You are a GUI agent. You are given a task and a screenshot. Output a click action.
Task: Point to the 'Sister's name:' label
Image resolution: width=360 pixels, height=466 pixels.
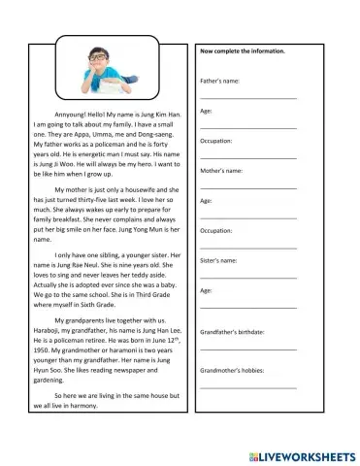(x=218, y=260)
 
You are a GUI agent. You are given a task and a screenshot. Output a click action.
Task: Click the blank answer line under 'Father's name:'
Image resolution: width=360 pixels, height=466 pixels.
(x=247, y=98)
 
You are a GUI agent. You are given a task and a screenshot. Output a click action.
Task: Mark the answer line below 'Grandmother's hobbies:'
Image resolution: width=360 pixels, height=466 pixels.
(x=247, y=387)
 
